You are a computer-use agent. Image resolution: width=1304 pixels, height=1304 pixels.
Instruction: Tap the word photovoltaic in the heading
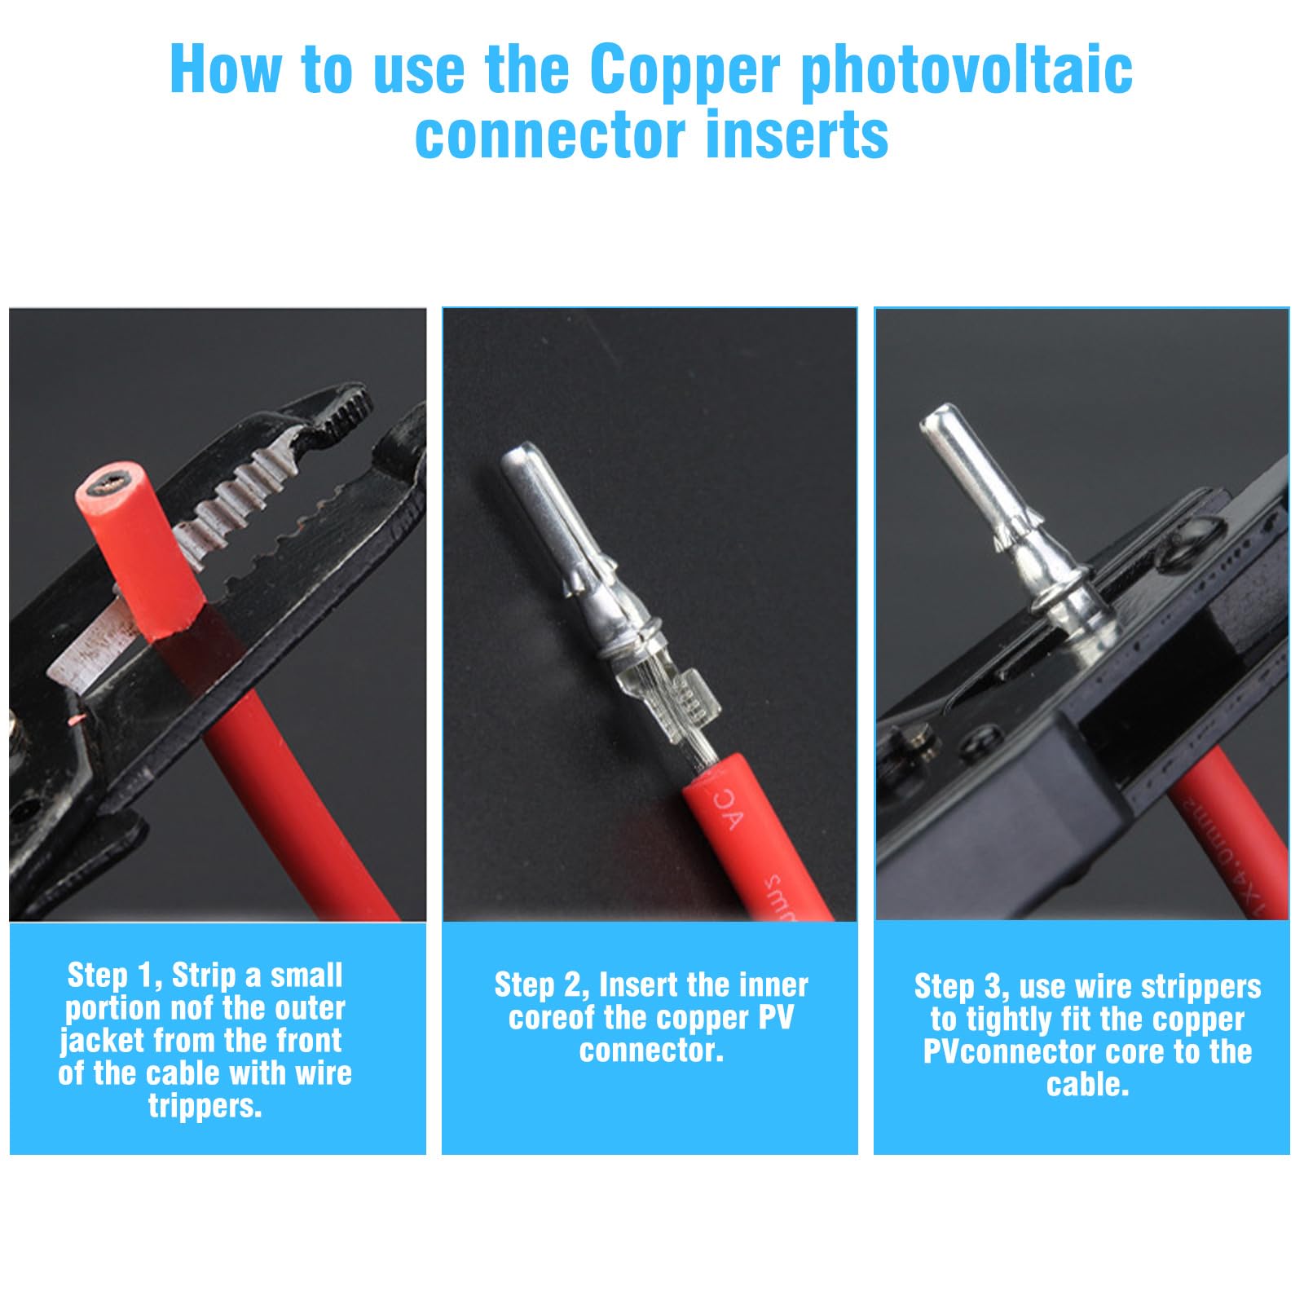coord(967,72)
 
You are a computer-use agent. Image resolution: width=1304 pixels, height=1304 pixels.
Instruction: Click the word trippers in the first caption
coord(205,1107)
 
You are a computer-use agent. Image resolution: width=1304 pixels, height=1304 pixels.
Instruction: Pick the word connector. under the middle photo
coord(651,1051)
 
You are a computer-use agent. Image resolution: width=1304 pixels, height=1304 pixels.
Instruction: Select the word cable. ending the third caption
coord(1087,1085)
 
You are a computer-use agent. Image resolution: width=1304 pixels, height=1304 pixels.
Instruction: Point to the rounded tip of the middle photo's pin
coord(519,453)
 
